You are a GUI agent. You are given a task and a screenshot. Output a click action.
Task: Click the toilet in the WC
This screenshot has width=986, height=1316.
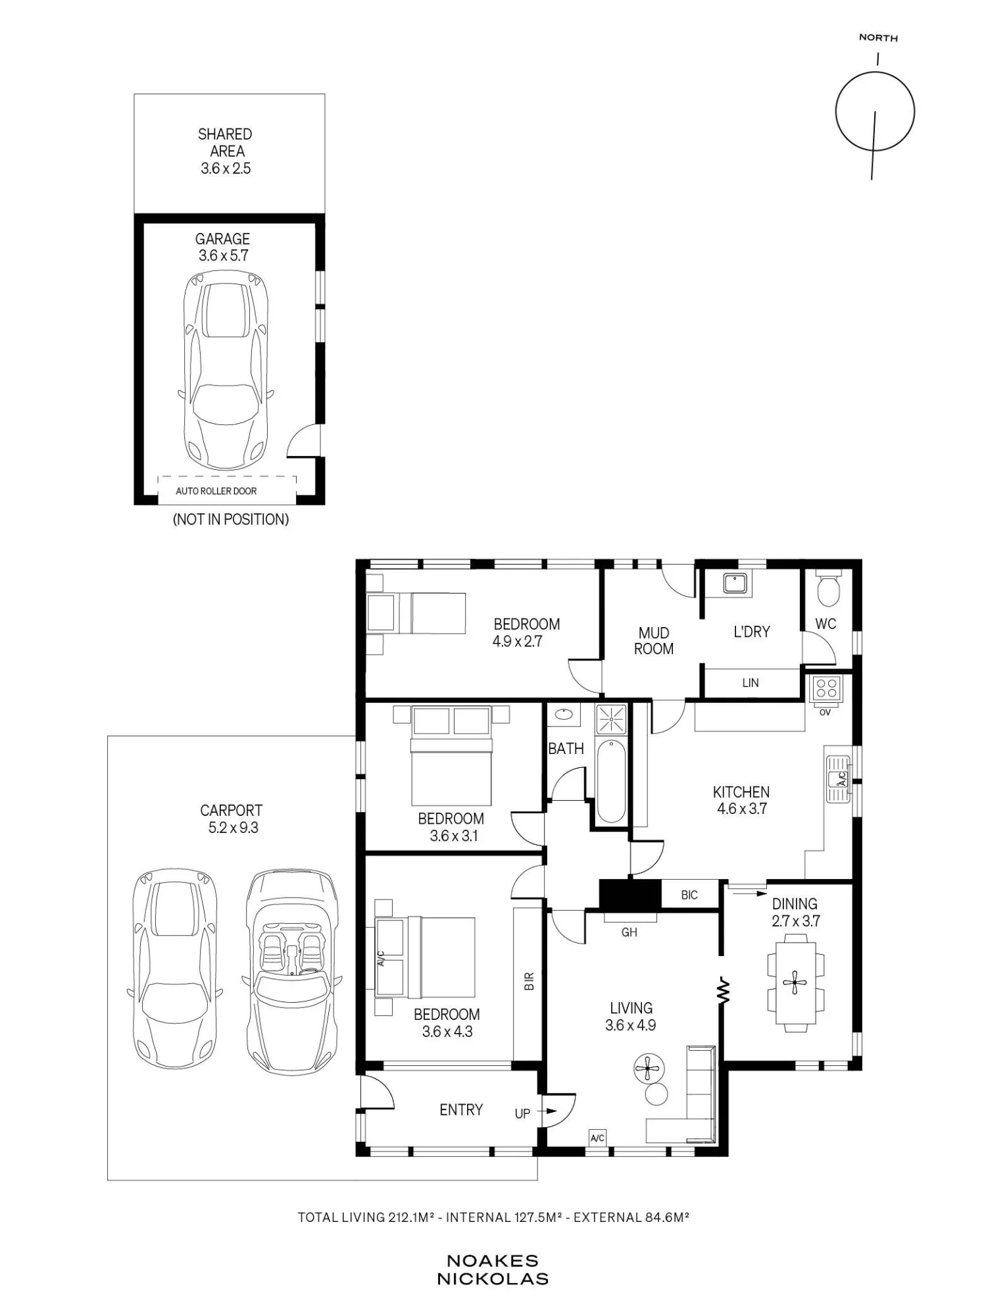(827, 588)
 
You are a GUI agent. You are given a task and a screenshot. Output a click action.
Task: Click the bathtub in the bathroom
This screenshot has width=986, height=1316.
(612, 781)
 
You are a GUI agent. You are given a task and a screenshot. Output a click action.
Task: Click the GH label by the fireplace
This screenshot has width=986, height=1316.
(629, 932)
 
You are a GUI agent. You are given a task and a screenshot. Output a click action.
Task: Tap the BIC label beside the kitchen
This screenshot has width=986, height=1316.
(689, 895)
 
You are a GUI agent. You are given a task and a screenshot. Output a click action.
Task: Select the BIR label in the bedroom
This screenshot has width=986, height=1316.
(530, 981)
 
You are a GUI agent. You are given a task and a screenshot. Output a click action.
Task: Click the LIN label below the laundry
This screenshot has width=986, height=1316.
(751, 683)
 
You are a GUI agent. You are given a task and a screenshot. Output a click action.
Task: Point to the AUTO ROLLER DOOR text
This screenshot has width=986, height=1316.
(216, 491)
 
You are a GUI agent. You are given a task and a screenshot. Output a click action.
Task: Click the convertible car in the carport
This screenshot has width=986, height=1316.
(291, 971)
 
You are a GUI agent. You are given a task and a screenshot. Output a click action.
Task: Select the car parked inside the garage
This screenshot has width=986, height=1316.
(226, 370)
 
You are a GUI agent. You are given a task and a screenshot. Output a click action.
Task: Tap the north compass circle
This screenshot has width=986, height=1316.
(875, 111)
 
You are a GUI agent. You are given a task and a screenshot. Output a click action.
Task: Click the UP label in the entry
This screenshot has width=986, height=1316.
(522, 1114)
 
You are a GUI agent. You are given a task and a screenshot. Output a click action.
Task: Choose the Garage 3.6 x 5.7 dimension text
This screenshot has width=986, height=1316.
(223, 256)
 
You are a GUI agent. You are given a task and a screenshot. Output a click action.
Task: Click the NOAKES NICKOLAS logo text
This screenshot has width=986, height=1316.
(493, 1270)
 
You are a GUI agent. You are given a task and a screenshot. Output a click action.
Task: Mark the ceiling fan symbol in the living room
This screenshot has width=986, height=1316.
(648, 1069)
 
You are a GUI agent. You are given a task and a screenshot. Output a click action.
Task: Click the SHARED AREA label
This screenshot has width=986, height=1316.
(225, 143)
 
